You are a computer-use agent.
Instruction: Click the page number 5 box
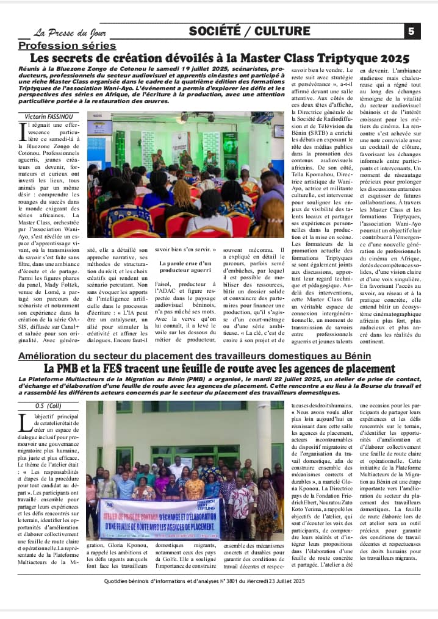click(x=412, y=31)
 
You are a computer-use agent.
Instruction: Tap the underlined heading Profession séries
click(x=67, y=46)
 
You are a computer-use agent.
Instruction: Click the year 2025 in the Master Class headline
click(x=389, y=59)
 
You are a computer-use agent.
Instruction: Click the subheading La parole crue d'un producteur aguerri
click(x=185, y=267)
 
